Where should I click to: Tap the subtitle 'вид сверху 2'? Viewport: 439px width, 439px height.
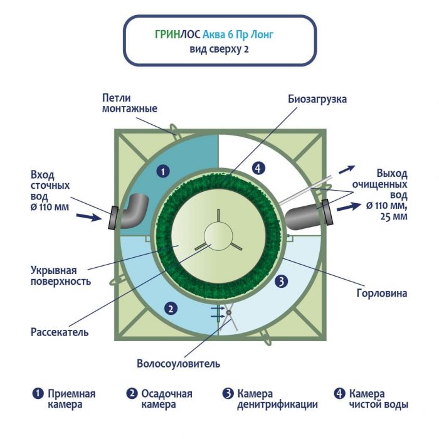click(218, 50)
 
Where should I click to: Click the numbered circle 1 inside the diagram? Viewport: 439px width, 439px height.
click(162, 170)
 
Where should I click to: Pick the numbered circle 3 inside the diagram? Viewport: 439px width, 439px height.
click(282, 281)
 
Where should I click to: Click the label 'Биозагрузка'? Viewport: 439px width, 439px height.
click(317, 100)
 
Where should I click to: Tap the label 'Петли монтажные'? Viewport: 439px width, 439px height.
click(129, 103)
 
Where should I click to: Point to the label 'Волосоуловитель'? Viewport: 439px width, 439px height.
click(178, 363)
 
